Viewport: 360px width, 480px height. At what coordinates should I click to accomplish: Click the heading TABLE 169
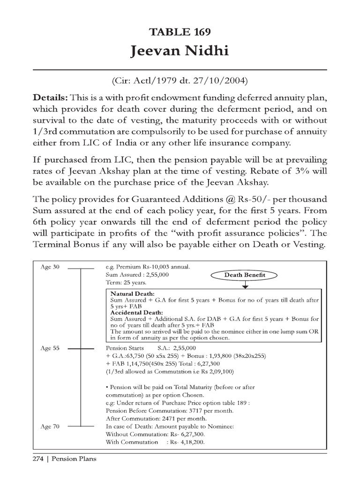tap(180, 32)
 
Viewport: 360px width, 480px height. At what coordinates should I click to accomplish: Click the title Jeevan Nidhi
tap(180, 51)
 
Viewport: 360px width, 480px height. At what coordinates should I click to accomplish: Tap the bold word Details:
tap(50, 97)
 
